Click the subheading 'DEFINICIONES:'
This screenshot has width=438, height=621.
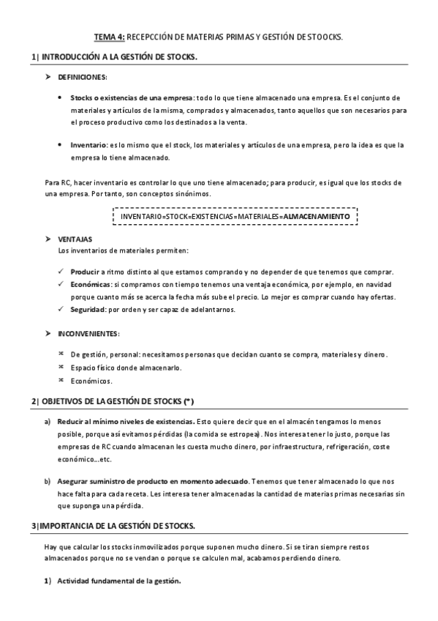pyautogui.click(x=83, y=77)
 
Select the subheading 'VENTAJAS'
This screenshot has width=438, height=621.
pyautogui.click(x=75, y=240)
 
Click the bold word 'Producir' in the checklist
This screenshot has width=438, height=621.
pyautogui.click(x=85, y=271)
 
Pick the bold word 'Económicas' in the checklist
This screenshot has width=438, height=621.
pyautogui.click(x=91, y=284)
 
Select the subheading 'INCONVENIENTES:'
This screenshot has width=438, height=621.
pyautogui.click(x=88, y=334)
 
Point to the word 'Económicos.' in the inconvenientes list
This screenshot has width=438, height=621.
pyautogui.click(x=91, y=381)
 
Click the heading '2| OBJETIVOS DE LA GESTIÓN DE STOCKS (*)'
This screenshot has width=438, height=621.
pyautogui.click(x=113, y=402)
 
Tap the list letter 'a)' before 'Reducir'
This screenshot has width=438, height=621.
pyautogui.click(x=48, y=423)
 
